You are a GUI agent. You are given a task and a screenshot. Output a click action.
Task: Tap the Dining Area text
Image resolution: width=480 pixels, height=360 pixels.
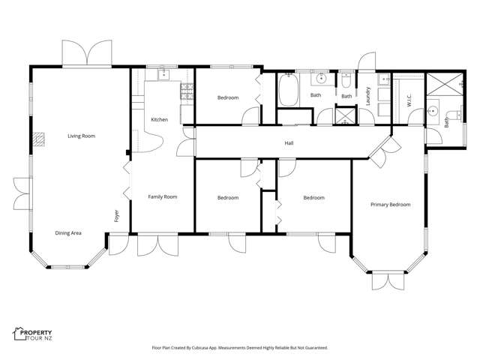(x=68, y=233)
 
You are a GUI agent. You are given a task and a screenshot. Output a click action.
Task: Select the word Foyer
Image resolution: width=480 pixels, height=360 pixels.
(x=116, y=217)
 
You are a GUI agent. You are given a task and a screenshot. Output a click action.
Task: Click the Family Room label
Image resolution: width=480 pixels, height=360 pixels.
(x=162, y=196)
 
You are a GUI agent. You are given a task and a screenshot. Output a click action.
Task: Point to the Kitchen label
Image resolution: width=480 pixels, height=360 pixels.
(x=159, y=120)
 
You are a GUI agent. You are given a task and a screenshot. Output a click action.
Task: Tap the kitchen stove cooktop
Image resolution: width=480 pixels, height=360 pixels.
(x=187, y=92)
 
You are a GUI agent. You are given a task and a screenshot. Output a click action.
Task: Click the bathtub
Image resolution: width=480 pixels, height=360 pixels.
(x=289, y=91)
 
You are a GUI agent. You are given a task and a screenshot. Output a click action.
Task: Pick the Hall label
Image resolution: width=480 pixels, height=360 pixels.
(x=288, y=142)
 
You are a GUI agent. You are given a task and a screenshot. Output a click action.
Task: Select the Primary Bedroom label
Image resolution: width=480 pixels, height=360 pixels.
(x=391, y=204)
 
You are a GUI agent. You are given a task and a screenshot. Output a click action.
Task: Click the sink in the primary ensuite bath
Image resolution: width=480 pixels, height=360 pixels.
(x=433, y=112)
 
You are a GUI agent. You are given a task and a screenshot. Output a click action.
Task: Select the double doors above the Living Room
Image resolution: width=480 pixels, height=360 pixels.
(x=86, y=54)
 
